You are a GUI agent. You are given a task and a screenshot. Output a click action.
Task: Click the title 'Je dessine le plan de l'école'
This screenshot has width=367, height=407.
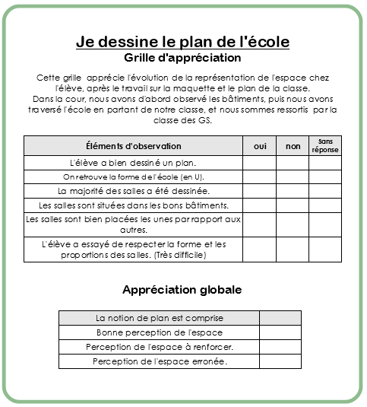[182, 42]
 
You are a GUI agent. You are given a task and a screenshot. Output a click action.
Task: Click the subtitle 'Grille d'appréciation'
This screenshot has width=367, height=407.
[182, 58]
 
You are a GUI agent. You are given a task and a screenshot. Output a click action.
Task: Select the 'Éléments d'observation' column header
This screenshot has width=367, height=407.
[133, 145]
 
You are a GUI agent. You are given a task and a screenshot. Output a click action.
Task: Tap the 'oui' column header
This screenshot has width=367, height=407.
[260, 145]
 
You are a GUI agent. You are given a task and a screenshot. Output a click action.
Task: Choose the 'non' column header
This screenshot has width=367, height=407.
[293, 145]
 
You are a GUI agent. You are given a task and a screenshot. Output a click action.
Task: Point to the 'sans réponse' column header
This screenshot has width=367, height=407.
[325, 145]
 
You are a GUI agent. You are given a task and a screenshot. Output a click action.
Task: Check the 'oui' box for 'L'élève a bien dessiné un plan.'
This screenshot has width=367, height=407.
[260, 163]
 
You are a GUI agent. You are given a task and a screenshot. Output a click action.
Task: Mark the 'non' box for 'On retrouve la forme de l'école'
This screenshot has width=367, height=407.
[293, 176]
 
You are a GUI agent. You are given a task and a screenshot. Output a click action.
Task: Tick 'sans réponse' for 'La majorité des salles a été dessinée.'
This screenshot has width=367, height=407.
[325, 191]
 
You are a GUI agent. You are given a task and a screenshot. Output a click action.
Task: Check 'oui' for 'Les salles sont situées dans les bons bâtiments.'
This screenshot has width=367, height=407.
[260, 205]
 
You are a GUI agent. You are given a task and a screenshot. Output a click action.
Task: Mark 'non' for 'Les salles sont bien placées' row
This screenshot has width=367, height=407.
[293, 224]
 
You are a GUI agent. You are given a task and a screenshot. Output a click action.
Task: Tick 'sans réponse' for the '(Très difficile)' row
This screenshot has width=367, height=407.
[325, 250]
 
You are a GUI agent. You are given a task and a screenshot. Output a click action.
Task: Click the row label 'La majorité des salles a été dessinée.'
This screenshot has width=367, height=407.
[133, 191]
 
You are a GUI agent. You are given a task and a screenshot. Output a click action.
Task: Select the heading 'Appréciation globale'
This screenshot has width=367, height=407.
[182, 290]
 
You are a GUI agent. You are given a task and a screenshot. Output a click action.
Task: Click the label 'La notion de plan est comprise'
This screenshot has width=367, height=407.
[159, 318]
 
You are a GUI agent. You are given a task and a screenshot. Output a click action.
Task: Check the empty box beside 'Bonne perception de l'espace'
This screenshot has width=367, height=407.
[280, 333]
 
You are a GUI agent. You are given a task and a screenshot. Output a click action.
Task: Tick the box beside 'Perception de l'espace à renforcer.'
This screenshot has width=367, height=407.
[280, 348]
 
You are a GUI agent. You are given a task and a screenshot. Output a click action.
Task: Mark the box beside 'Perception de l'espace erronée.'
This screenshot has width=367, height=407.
[280, 362]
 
